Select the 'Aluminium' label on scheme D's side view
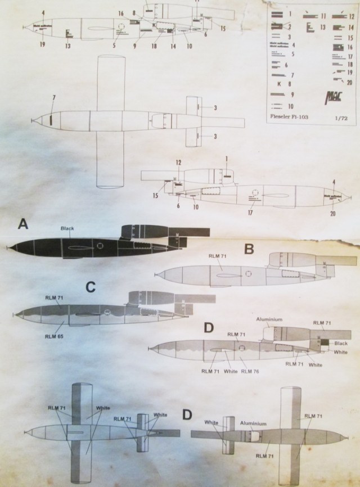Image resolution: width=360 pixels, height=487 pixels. click(x=268, y=319)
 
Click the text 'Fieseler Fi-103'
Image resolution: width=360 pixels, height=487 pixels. click(x=291, y=118)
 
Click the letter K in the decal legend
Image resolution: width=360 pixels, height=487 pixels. click(x=280, y=83)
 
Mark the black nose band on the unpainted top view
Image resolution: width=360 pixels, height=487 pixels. click(x=51, y=119)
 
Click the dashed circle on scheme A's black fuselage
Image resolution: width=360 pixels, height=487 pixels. click(x=100, y=245)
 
